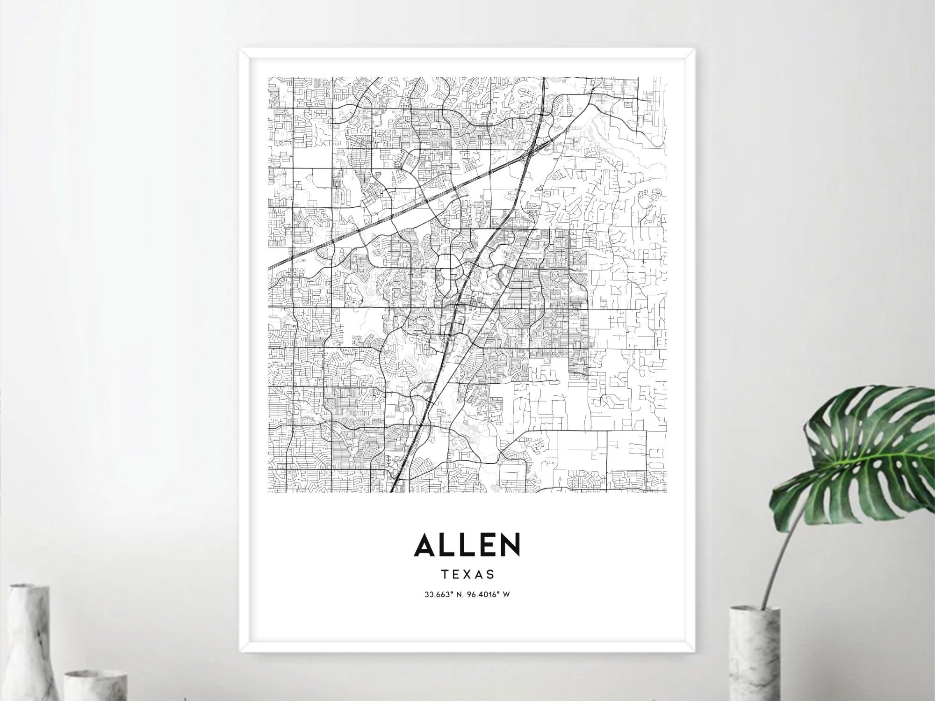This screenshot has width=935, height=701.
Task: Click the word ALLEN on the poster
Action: click(x=467, y=544)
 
